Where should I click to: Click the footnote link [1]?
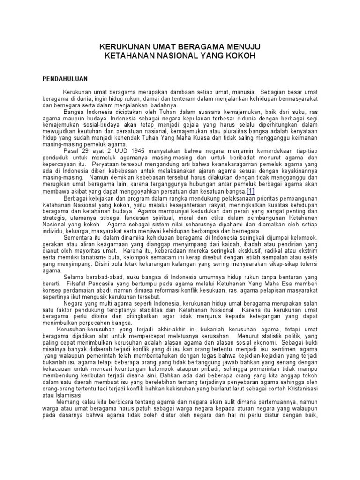[x=250, y=191]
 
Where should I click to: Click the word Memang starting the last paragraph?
[x=68, y=402]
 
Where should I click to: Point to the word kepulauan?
[x=164, y=119]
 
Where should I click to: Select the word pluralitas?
[x=232, y=133]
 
